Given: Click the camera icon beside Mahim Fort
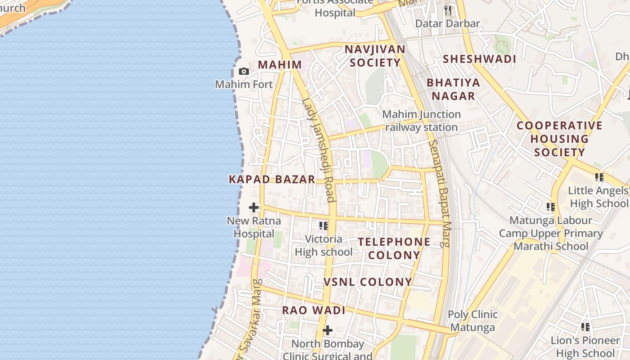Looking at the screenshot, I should coord(243,71).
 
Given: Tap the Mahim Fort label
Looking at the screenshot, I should coord(244,84).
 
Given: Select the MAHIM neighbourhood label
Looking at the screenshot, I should coord(279,64).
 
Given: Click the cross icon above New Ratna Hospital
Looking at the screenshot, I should coord(254,207).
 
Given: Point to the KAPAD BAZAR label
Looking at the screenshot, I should coord(272,179).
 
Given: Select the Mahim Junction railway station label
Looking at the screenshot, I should coord(422,121).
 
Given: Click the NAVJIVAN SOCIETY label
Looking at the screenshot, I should coord(375,56).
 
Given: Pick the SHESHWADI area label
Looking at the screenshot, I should coord(479,59).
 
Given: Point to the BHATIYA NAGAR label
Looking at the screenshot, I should coord(454,89).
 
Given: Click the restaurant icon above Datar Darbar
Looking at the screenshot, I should coord(447,10).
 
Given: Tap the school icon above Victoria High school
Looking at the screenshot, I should coord(323,225).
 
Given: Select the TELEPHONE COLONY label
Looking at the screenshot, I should coord(394,248).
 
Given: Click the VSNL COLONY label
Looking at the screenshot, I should coord(368,282).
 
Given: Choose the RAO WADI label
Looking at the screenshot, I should coord(314,310).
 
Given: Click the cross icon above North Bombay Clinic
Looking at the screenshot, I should coord(328,331).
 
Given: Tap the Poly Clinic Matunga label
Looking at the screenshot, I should coord(472,321).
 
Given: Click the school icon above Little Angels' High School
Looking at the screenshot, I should coord(599,177).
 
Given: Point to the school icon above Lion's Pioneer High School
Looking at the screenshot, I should coord(585,327).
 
